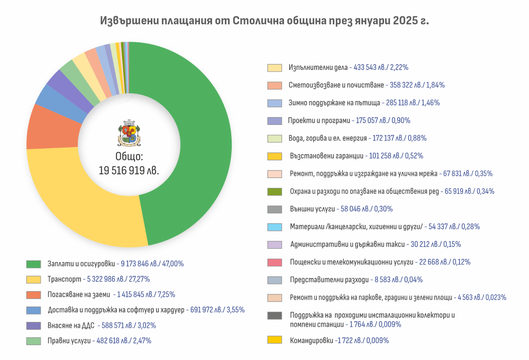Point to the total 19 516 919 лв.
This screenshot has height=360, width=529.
coord(129,170)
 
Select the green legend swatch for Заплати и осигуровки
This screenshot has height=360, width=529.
coord(34,264)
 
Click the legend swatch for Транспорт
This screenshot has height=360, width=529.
coord(34,279)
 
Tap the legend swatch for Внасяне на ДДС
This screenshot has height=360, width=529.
coord(34,326)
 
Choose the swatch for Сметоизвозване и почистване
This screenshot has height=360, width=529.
coord(275,85)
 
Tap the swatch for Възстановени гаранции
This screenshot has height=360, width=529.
coord(275,156)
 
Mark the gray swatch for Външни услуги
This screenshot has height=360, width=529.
coord(275,209)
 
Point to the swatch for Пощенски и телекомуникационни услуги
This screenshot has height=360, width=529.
coord(275,262)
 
